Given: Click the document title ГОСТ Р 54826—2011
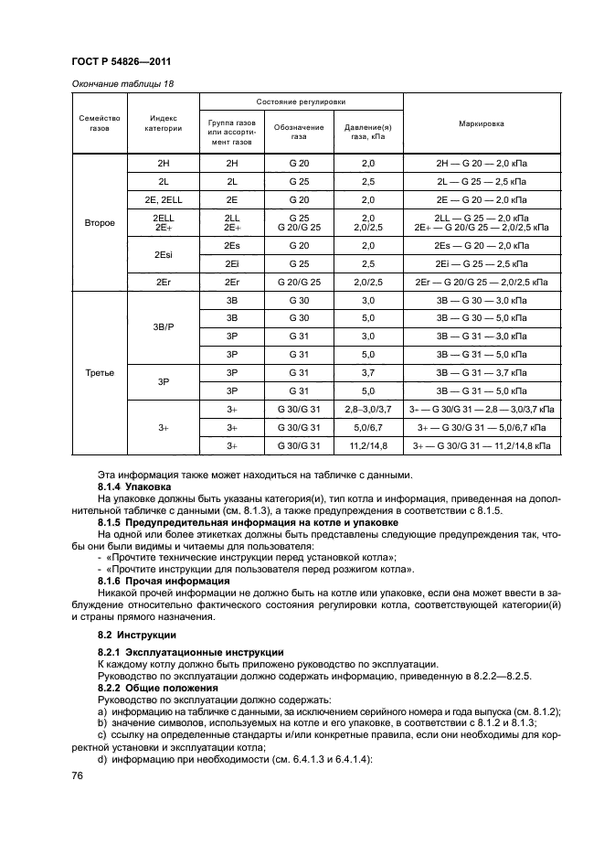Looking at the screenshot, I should coord(122,61).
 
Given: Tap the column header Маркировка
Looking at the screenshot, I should coord(482,123).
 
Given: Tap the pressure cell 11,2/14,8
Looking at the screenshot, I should coord(369,445).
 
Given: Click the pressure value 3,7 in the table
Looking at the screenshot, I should coord(369,373).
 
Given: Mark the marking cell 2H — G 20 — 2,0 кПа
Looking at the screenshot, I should coord(482,162).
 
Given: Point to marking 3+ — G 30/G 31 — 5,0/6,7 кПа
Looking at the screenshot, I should coord(482,427).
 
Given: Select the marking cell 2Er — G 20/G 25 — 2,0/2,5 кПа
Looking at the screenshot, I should coord(482,283).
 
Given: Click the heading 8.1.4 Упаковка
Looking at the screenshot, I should coord(135,487).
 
